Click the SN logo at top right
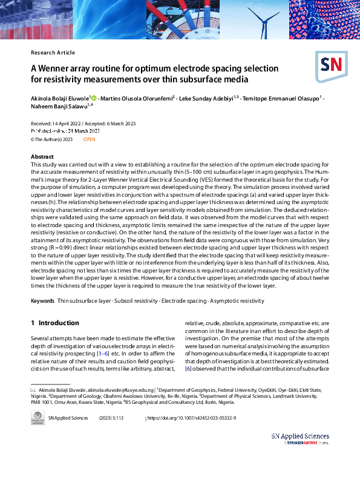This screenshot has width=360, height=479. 332,65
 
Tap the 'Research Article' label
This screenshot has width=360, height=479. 53,53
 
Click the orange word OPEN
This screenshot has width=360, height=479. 89,139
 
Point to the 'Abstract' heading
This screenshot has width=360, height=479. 42,157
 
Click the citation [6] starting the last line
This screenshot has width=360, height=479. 188,369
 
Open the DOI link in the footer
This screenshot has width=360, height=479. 192,418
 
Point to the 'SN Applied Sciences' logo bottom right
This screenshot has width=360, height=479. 300,438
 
